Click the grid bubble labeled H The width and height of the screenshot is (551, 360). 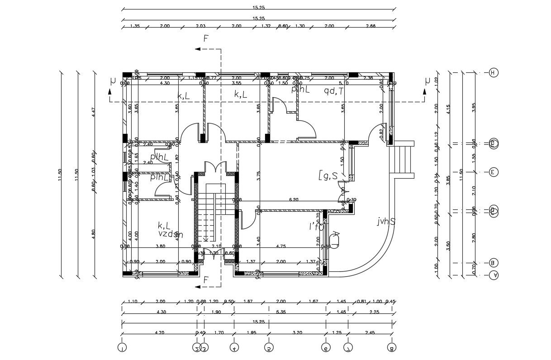click(x=494, y=72)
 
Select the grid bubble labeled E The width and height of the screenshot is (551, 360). click(x=494, y=172)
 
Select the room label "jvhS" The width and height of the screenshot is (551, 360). click(x=386, y=221)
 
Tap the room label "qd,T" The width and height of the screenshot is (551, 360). click(x=334, y=90)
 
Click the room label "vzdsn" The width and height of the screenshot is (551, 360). click(x=170, y=234)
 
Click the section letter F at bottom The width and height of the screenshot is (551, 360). click(x=206, y=280)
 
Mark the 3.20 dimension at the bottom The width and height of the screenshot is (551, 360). click(x=297, y=333)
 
